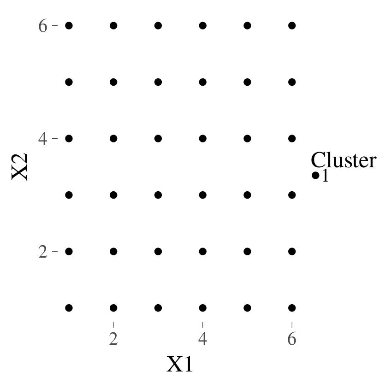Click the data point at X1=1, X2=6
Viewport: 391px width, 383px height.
pos(69,25)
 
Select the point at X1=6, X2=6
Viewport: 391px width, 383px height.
pos(292,25)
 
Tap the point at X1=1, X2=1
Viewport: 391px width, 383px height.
pos(69,308)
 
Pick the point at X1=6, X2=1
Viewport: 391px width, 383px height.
pos(292,308)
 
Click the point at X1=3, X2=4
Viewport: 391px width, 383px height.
pos(158,138)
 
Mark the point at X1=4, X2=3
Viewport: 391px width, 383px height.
pos(203,195)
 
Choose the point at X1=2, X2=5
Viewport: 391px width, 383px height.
pos(113,82)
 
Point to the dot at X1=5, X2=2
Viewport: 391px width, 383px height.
pos(247,252)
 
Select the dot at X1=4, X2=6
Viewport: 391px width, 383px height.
pos(203,25)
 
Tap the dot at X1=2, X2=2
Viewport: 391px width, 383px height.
pos(113,252)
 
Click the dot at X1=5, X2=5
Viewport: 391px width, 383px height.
pos(247,82)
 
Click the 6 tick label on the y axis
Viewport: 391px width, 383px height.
pos(43,26)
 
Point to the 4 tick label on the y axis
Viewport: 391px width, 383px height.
pos(43,139)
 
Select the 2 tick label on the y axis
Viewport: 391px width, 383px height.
pos(43,252)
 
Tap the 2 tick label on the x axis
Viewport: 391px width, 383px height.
pos(113,339)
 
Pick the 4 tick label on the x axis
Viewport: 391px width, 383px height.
pos(203,339)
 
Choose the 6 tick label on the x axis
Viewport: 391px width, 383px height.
pos(292,339)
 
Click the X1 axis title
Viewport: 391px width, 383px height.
pos(180,364)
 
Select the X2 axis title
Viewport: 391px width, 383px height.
pos(20,166)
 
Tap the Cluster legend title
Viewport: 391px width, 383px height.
pos(344,160)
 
